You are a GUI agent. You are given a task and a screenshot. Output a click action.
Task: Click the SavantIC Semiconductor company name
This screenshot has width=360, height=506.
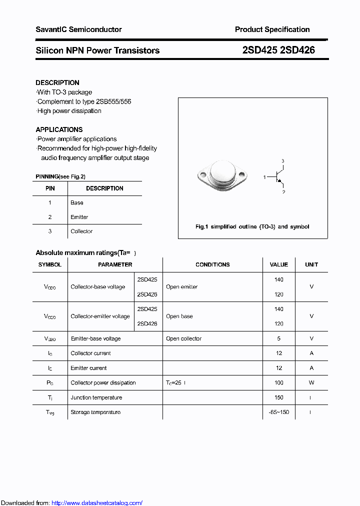[x=78, y=29]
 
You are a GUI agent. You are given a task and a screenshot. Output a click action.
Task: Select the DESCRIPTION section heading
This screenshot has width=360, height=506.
[x=57, y=82]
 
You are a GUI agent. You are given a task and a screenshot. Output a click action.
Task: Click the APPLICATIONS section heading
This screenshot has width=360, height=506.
[x=59, y=129]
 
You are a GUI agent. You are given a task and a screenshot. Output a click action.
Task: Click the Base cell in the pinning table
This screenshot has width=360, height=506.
[x=77, y=202]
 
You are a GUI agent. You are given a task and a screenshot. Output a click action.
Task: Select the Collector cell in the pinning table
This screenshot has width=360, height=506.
[x=81, y=231]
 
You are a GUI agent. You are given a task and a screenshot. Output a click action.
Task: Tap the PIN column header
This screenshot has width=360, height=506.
[x=50, y=188]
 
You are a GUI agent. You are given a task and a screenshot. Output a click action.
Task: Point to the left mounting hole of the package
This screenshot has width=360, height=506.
[x=202, y=175]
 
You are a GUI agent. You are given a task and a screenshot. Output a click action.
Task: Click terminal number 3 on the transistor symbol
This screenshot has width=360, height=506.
[x=282, y=160]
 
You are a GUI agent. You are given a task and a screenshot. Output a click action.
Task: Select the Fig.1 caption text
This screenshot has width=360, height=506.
[x=252, y=226]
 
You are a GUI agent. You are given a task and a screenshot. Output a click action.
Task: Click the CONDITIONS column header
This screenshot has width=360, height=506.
[x=212, y=264]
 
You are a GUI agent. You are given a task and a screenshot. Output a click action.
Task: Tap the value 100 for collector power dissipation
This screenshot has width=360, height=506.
[x=278, y=382]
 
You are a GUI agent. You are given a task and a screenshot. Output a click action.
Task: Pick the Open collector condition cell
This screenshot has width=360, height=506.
[x=184, y=338]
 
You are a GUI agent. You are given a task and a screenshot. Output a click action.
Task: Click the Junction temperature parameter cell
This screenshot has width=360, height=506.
[x=96, y=397]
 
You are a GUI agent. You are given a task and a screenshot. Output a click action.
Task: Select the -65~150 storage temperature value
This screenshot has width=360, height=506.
[x=278, y=412]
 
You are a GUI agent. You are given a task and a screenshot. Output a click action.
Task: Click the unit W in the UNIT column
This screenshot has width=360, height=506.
[x=311, y=382]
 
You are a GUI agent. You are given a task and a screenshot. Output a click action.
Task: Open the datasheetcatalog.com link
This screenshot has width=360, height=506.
[x=97, y=503]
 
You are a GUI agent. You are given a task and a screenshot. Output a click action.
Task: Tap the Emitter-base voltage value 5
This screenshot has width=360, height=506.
[x=278, y=338]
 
